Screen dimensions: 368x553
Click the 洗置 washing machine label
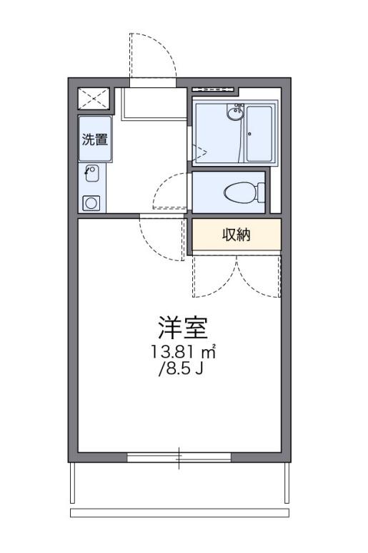point(95,140)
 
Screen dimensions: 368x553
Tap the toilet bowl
point(239,192)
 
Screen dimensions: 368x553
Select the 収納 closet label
point(237,235)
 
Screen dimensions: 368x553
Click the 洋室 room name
point(183,328)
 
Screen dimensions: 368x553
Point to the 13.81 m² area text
point(183,352)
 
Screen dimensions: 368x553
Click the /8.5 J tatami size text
point(181,369)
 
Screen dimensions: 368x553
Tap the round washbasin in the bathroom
point(234,114)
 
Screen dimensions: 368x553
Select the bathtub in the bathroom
point(259,134)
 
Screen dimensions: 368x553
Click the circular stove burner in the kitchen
point(91,203)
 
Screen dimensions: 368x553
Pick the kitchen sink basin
point(92,173)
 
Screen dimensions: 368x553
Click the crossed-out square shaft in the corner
point(94,99)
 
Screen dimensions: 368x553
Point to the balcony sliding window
point(179,457)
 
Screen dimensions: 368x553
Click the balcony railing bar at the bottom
point(179,513)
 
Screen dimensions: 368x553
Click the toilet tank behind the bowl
point(261,192)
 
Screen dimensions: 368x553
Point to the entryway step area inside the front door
point(154,104)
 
